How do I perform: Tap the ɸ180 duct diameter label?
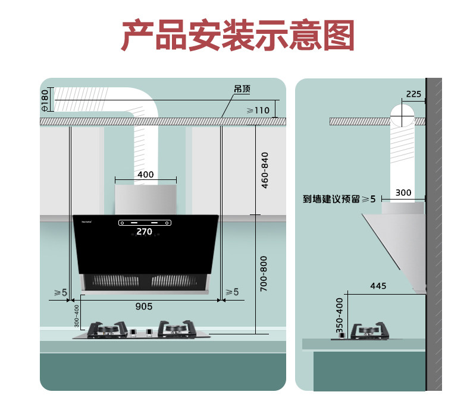point(45,100)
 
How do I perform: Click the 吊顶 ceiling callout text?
point(242,89)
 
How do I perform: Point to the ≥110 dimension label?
point(258,110)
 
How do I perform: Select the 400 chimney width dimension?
point(145,175)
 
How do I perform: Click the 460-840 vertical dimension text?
point(265,170)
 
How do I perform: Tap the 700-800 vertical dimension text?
point(265,273)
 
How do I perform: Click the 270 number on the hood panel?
point(145,232)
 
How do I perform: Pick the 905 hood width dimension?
point(144,306)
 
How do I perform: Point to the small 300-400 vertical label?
point(76,316)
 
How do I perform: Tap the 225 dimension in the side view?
point(413,94)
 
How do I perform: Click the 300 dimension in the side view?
point(403,192)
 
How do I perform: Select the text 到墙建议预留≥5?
point(339,199)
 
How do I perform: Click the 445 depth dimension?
point(378,286)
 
